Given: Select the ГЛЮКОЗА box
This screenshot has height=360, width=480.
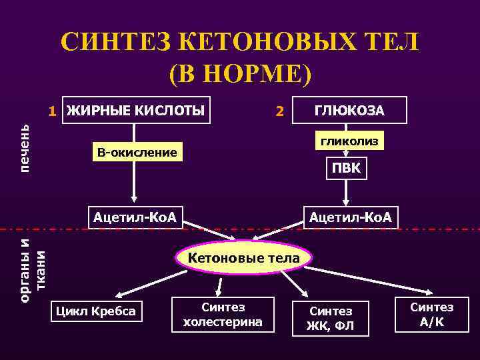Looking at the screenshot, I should coord(349,111).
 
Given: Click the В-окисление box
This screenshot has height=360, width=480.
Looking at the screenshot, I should coord(137,153).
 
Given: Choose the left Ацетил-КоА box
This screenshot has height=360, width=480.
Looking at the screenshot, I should coord(135,217).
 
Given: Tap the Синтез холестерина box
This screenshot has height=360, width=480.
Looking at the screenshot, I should coord(223,315).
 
